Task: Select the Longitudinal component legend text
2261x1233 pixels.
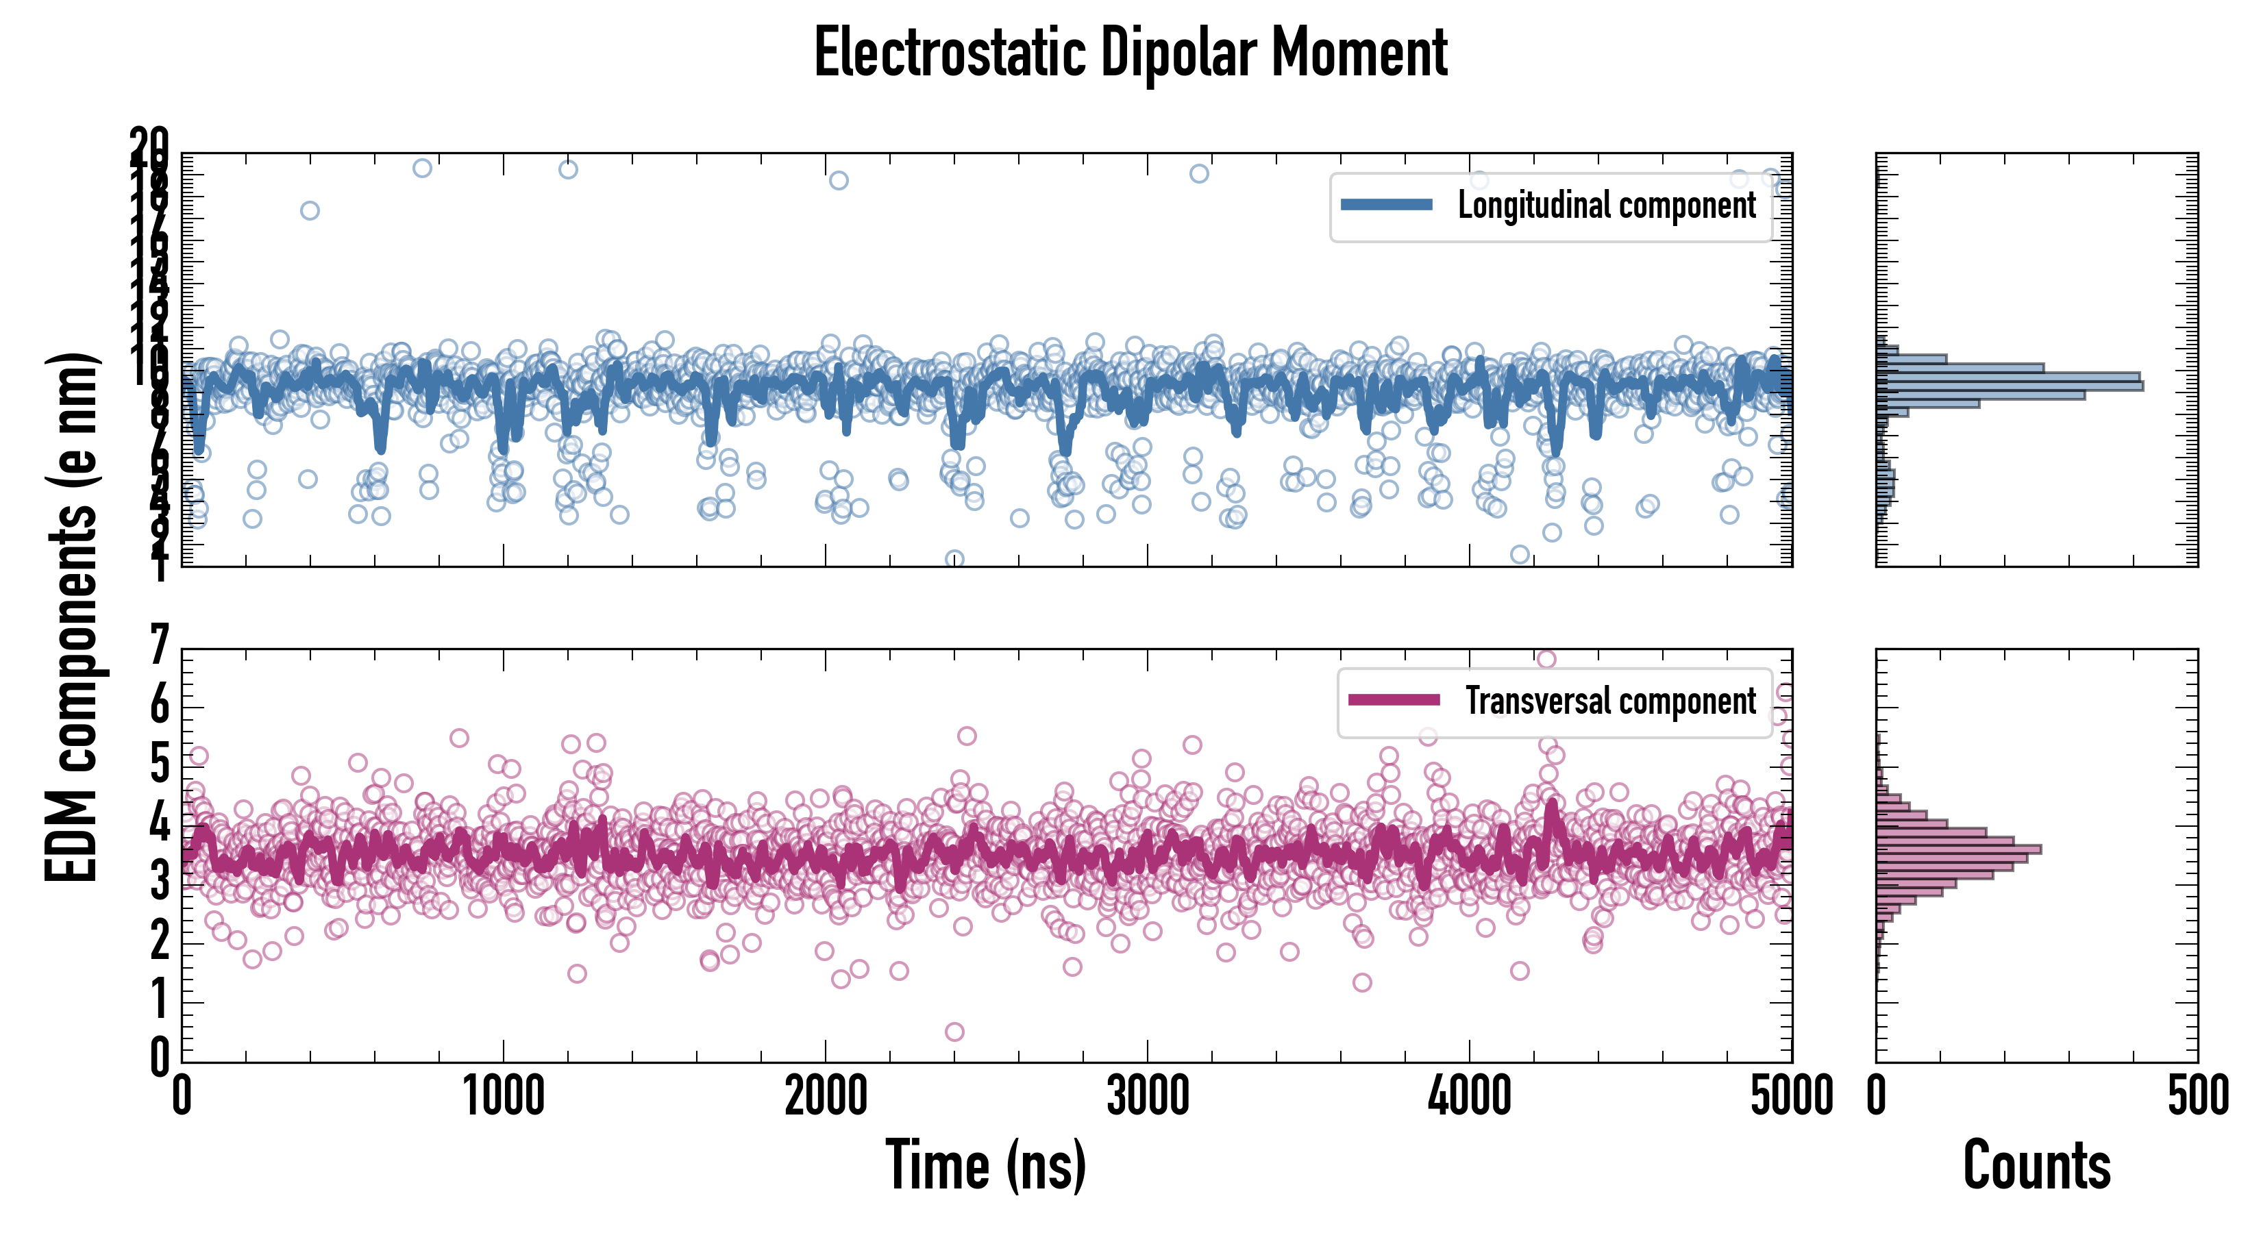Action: click(x=1606, y=206)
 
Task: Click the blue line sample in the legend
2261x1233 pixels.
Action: click(x=1387, y=206)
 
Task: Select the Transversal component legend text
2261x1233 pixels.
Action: click(x=1611, y=700)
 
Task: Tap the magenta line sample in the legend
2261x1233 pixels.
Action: click(x=1394, y=700)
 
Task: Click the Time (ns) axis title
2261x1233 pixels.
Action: click(x=986, y=1165)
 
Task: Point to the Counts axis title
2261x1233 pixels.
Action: click(x=2036, y=1165)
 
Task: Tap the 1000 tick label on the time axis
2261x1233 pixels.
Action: click(x=504, y=1097)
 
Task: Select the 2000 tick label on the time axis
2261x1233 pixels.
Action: click(x=825, y=1097)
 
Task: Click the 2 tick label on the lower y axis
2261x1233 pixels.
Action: click(x=159, y=942)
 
